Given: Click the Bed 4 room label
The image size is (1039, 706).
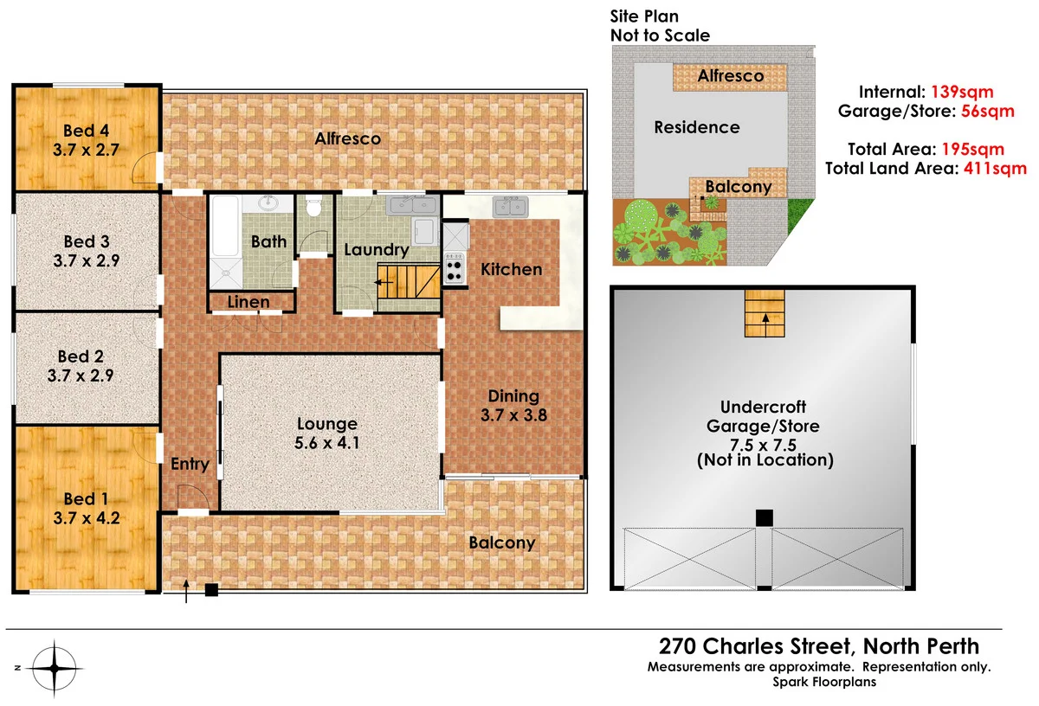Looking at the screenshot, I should coord(86,132).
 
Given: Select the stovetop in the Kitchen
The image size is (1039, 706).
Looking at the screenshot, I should coord(454,267).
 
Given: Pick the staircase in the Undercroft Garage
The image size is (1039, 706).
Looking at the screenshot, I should coord(765,314).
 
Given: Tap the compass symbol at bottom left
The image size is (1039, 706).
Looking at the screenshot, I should coord(54,667).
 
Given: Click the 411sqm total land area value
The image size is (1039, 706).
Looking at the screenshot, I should coord(995,169).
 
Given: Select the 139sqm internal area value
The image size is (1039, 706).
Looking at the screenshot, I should coord(962,91).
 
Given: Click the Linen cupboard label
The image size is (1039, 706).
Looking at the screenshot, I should coord(248,302).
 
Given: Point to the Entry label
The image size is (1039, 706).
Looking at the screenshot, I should coord(190,465).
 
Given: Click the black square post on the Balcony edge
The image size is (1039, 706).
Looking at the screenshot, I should coord(211,591).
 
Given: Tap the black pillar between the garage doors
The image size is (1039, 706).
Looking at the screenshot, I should coord(764,517).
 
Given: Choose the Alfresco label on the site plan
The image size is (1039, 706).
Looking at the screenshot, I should coord(731,76).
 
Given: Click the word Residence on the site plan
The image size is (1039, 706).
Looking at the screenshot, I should coord(696,127).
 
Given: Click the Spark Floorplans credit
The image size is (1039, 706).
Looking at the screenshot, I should coord(824,682).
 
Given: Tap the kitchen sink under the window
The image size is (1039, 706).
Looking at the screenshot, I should coord(511,207).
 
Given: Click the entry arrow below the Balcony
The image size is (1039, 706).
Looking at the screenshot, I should coord(187,592).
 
